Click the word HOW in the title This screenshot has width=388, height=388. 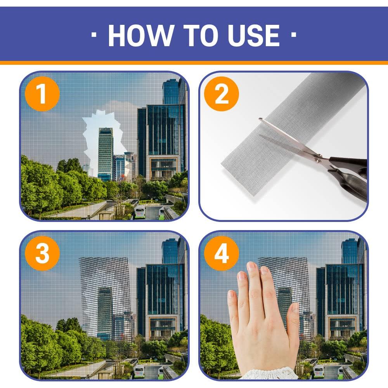(141, 35)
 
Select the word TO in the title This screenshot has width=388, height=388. (201, 35)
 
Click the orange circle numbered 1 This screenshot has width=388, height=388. (42, 94)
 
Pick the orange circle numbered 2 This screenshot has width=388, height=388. (222, 94)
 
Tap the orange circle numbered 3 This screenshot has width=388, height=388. (42, 253)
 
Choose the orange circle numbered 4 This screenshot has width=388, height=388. (222, 253)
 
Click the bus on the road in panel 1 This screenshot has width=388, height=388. (140, 213)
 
